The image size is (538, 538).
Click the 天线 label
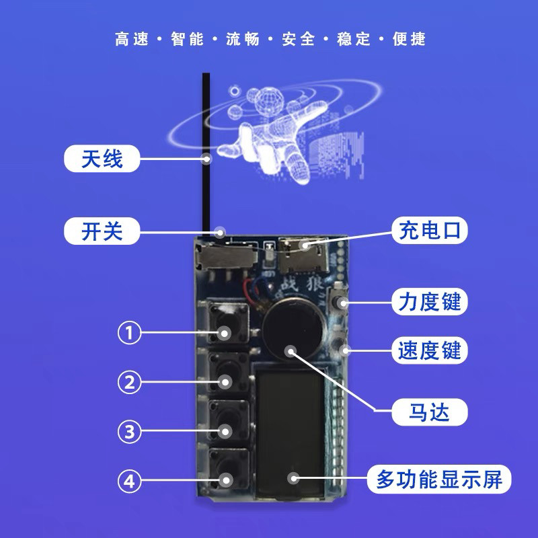(102, 159)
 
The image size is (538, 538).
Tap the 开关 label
(102, 232)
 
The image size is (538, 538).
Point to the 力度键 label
(428, 302)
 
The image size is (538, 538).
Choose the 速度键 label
(428, 350)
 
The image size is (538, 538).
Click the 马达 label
(428, 410)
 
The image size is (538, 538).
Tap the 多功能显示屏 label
(439, 479)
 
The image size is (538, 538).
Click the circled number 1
(130, 332)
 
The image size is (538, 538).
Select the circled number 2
(130, 383)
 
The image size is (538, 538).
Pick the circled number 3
(130, 432)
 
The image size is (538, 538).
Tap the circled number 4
(130, 481)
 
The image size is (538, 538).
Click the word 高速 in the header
(130, 38)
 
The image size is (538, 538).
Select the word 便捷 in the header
(409, 38)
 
